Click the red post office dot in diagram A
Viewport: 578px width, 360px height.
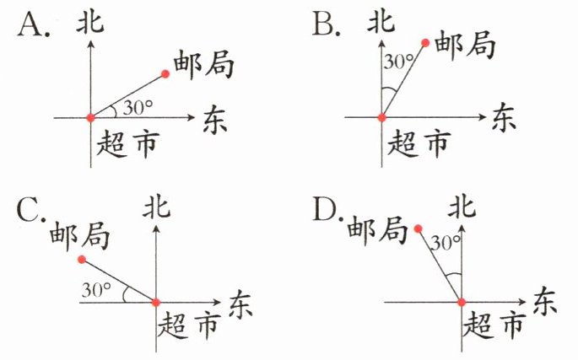tap(165, 74)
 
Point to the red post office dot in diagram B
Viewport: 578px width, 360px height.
tap(425, 43)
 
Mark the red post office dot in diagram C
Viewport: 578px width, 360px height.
tap(82, 260)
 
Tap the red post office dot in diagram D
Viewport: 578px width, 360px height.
tap(418, 228)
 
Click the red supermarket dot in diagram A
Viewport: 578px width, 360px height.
tap(90, 117)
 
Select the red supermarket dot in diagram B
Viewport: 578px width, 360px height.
tap(382, 117)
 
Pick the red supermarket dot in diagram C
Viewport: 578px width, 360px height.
tap(156, 303)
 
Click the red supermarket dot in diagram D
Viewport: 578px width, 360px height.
tap(462, 303)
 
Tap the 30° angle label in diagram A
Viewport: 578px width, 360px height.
tap(138, 108)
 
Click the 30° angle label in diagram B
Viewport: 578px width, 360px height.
tap(398, 62)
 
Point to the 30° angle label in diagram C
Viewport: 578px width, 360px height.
tap(96, 290)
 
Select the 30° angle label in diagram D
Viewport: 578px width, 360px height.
tap(446, 243)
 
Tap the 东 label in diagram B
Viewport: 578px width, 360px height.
tap(504, 117)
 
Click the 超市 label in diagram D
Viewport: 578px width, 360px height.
tap(494, 325)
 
